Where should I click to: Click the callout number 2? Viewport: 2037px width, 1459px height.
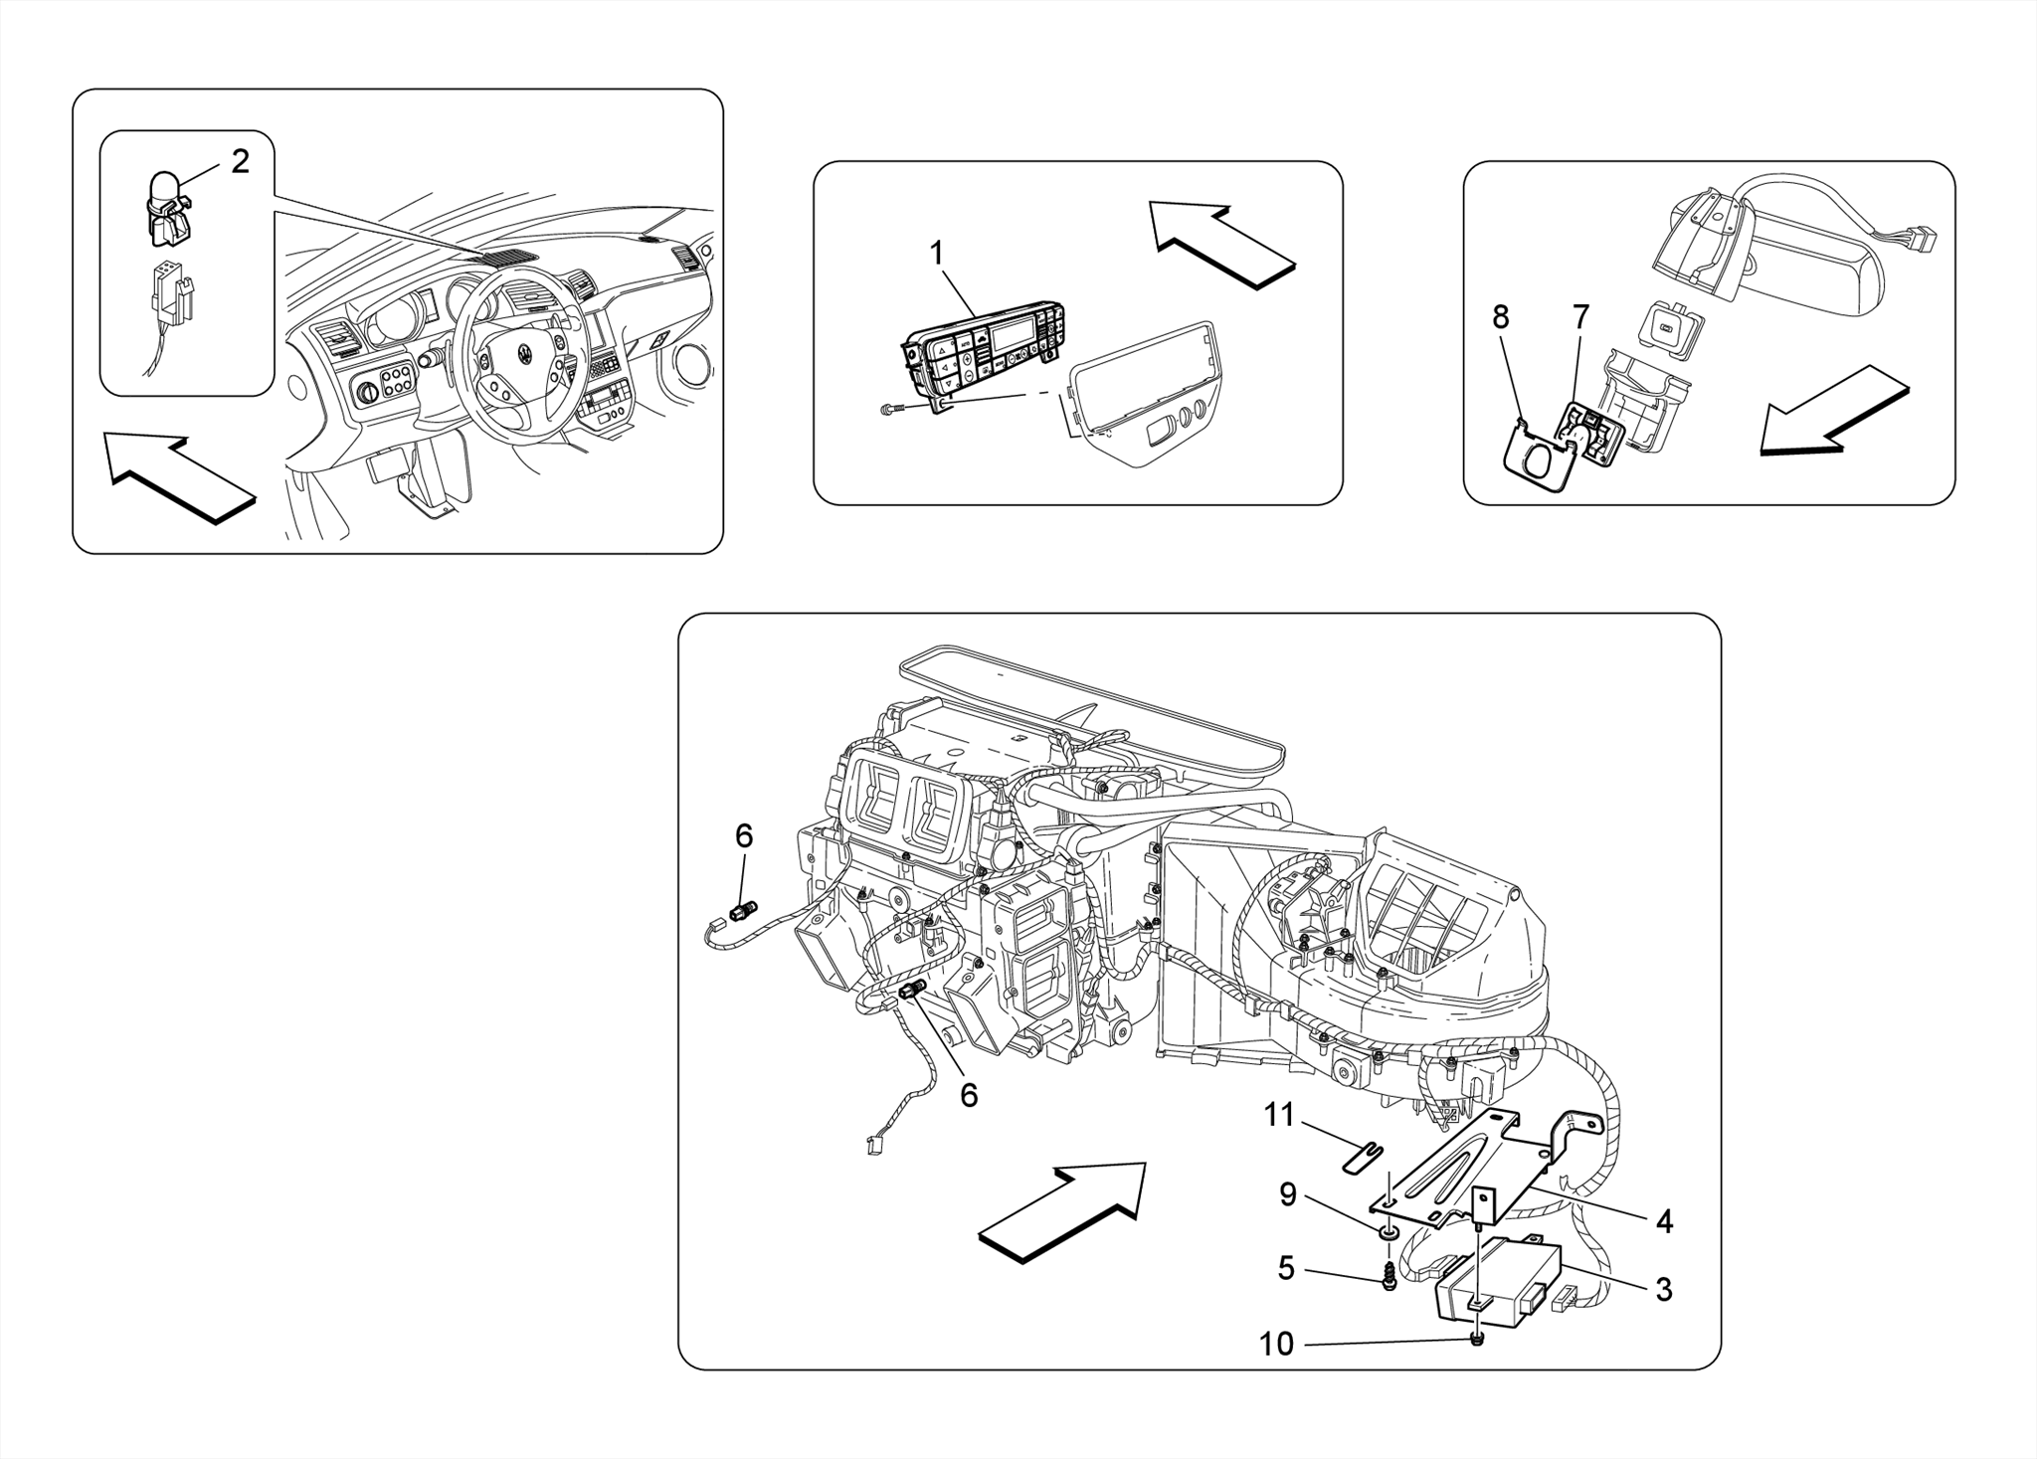(x=240, y=162)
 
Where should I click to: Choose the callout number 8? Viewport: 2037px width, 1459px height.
(x=1500, y=317)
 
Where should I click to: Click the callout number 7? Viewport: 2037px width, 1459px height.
(x=1580, y=317)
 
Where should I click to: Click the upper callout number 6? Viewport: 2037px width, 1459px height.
(x=743, y=836)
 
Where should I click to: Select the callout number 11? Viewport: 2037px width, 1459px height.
(x=1279, y=1116)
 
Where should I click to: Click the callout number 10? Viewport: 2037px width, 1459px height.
(x=1276, y=1345)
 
